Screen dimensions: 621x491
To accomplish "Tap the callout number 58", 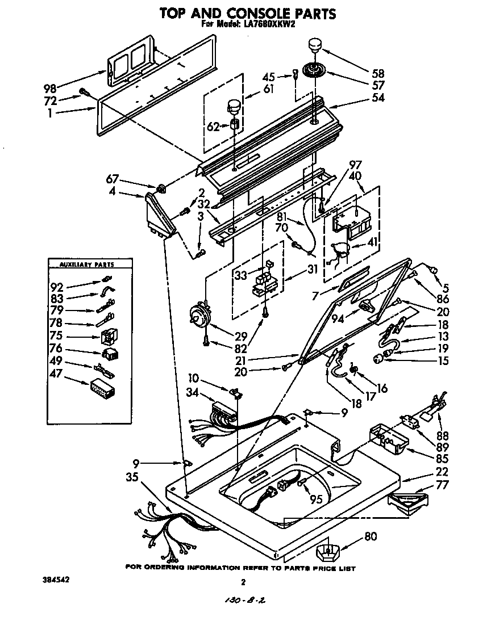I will pos(377,73).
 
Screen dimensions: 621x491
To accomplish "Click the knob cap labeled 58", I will pos(315,44).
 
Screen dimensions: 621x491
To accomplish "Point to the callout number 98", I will pos(51,88).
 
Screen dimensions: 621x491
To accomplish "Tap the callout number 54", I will pos(377,98).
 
